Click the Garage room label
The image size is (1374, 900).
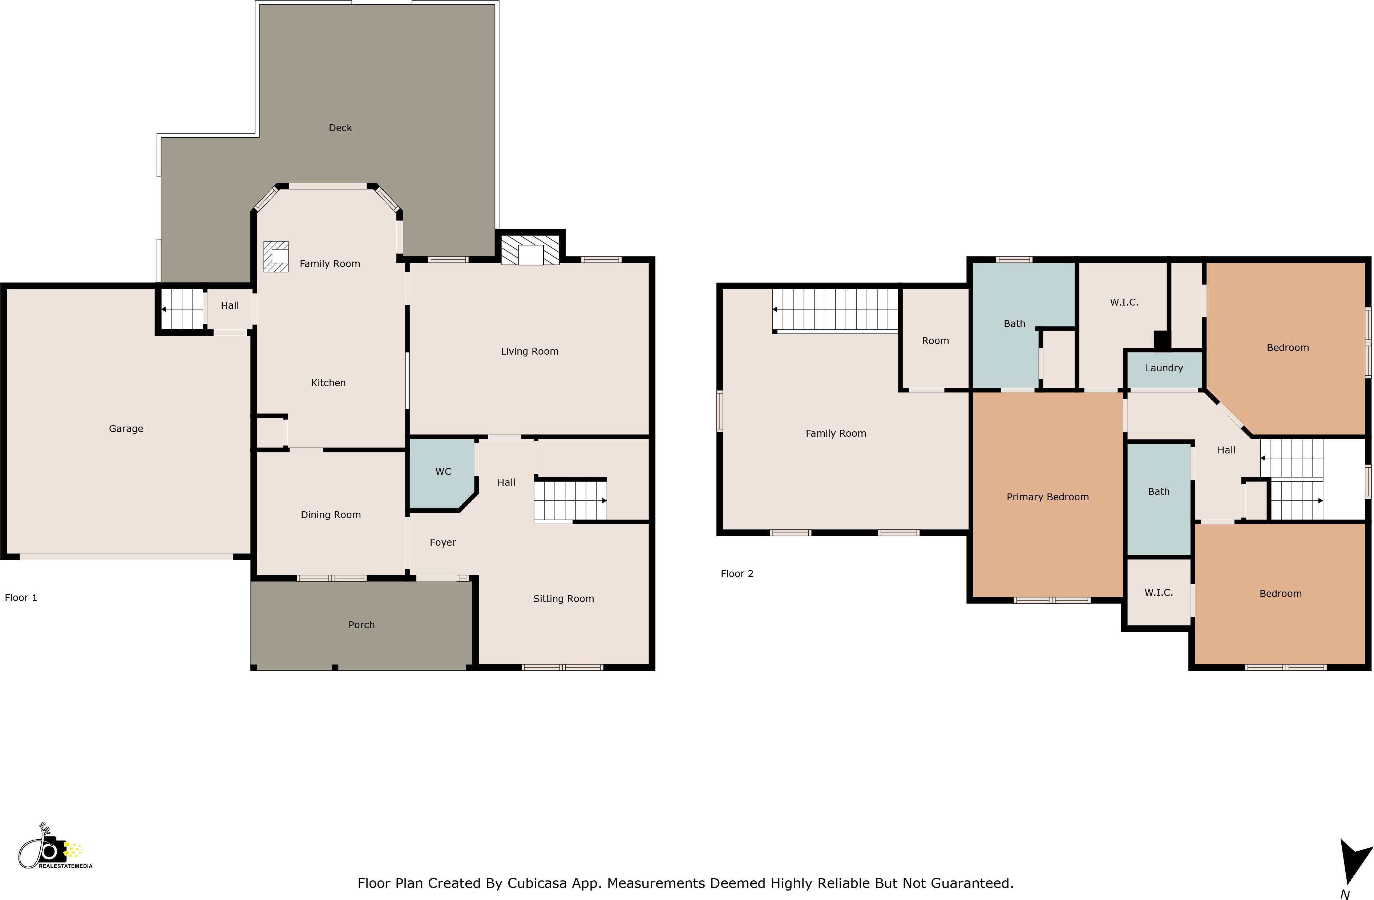pyautogui.click(x=126, y=428)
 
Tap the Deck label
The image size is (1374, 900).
pyautogui.click(x=340, y=128)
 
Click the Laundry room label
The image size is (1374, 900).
pyautogui.click(x=1164, y=368)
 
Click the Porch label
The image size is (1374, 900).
pyautogui.click(x=361, y=625)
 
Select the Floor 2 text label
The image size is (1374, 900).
pyautogui.click(x=737, y=573)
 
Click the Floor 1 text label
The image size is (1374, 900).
pyautogui.click(x=21, y=597)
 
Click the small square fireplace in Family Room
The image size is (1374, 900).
pyautogui.click(x=276, y=256)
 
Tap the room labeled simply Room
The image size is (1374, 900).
pyautogui.click(x=935, y=340)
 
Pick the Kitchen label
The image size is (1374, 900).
pyautogui.click(x=328, y=383)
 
